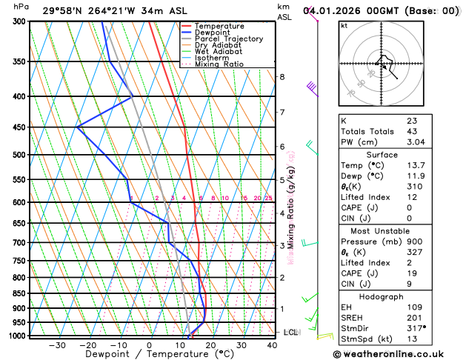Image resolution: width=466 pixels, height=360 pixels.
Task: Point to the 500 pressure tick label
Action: pyautogui.click(x=15, y=155)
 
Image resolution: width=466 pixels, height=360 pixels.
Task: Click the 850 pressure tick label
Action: pyautogui.click(x=15, y=293)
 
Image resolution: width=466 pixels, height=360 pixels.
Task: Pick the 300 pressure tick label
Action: pyautogui.click(x=15, y=21)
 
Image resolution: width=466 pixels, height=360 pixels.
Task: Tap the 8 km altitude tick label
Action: pyautogui.click(x=282, y=77)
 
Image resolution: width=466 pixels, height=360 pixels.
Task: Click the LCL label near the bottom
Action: pyautogui.click(x=290, y=333)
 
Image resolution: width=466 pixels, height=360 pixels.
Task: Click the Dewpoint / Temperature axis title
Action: pyautogui.click(x=148, y=354)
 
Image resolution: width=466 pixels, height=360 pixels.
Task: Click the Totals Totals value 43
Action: pyautogui.click(x=412, y=131)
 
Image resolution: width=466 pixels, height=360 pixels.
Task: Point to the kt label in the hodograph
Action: pyautogui.click(x=344, y=25)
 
